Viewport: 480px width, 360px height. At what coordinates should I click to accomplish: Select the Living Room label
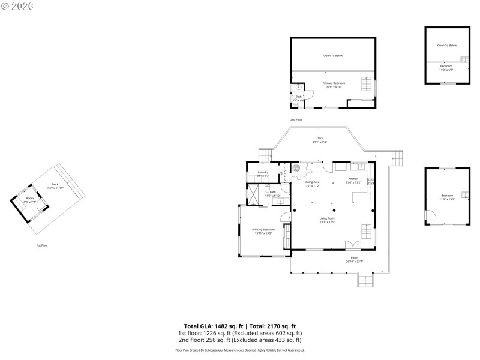click(327, 220)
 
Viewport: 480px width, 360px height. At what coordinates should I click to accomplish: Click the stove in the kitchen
click(371, 181)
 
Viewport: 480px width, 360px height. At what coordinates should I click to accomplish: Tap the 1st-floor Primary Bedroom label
click(263, 230)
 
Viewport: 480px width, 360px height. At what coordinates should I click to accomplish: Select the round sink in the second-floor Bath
click(298, 87)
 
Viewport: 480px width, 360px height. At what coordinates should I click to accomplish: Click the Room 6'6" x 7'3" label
click(30, 200)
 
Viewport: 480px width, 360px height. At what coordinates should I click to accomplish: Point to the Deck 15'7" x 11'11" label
click(55, 186)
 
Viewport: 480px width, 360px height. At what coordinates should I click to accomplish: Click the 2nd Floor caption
click(296, 119)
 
